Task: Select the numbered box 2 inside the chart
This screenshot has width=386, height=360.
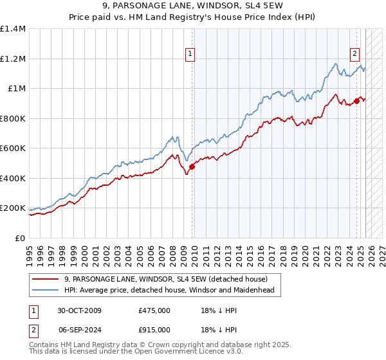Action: click(x=354, y=55)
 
